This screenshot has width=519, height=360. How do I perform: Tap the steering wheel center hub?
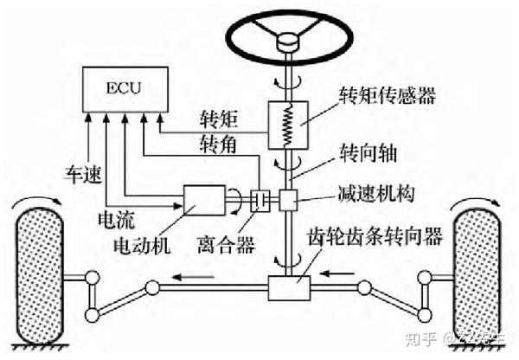point(286,40)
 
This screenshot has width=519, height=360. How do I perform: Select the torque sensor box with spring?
point(287,126)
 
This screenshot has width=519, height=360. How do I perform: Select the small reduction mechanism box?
point(288,201)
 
